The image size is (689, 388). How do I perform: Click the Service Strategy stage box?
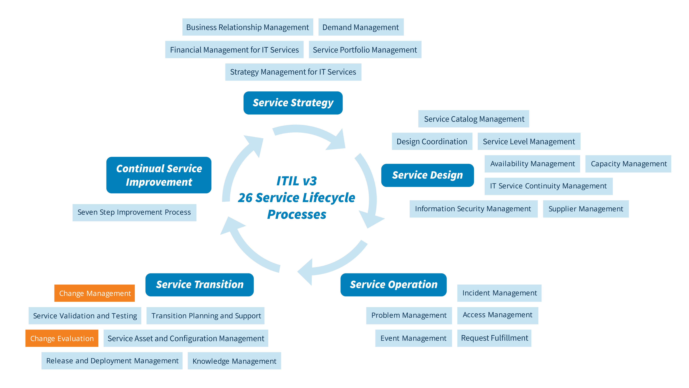tap(293, 103)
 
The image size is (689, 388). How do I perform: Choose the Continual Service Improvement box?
tap(159, 175)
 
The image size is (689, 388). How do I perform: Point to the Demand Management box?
tap(361, 27)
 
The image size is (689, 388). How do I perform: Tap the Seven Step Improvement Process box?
tap(134, 212)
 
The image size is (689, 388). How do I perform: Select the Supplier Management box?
tap(586, 209)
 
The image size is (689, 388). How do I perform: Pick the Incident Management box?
tap(499, 293)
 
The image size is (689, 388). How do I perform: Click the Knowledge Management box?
tap(234, 361)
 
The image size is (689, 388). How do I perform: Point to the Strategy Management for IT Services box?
tap(293, 72)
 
